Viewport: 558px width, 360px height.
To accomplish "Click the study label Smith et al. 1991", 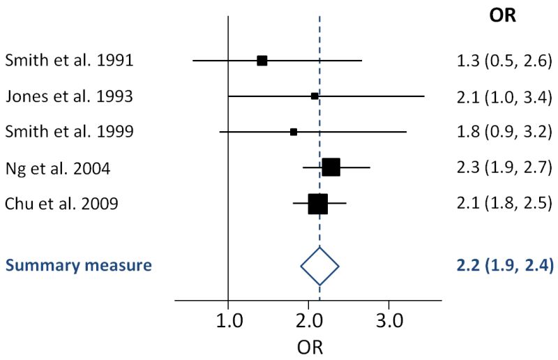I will [x=69, y=60].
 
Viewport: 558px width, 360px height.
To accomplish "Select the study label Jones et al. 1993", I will [x=69, y=96].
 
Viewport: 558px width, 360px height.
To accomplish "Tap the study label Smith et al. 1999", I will [x=69, y=131].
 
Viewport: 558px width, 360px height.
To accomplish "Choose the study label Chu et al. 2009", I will [x=61, y=204].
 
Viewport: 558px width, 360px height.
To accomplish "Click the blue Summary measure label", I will [x=79, y=265].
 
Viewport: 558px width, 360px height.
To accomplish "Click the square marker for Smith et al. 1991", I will [x=262, y=61].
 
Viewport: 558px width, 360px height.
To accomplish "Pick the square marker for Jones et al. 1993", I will [x=315, y=96].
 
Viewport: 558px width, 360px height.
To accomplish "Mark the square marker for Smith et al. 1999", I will [x=294, y=132].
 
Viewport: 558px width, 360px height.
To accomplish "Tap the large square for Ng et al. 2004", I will [x=331, y=167].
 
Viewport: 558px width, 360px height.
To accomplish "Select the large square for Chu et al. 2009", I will [x=317, y=204].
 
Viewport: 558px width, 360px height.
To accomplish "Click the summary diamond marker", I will [x=319, y=266].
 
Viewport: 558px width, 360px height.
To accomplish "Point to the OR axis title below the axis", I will [x=309, y=346].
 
